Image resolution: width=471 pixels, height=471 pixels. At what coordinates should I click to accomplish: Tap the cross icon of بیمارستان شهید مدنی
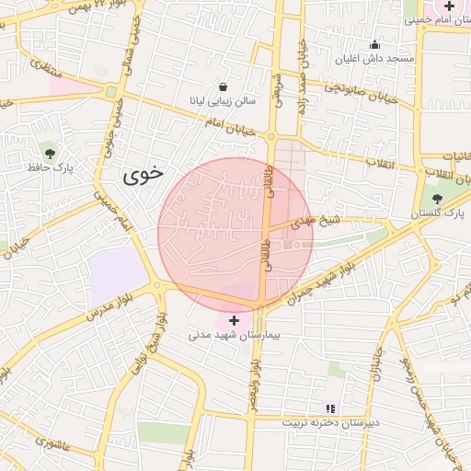[x=234, y=320]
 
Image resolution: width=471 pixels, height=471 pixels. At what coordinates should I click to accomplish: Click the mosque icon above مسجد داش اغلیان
[x=374, y=44]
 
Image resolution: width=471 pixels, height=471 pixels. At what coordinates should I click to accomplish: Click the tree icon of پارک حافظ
[x=50, y=153]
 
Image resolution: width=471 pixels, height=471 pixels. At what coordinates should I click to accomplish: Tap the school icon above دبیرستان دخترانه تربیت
[x=330, y=408]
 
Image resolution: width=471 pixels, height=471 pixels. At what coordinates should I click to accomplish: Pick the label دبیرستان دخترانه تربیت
[x=330, y=422]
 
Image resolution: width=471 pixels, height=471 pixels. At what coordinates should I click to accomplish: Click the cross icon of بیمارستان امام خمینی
[x=448, y=6]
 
